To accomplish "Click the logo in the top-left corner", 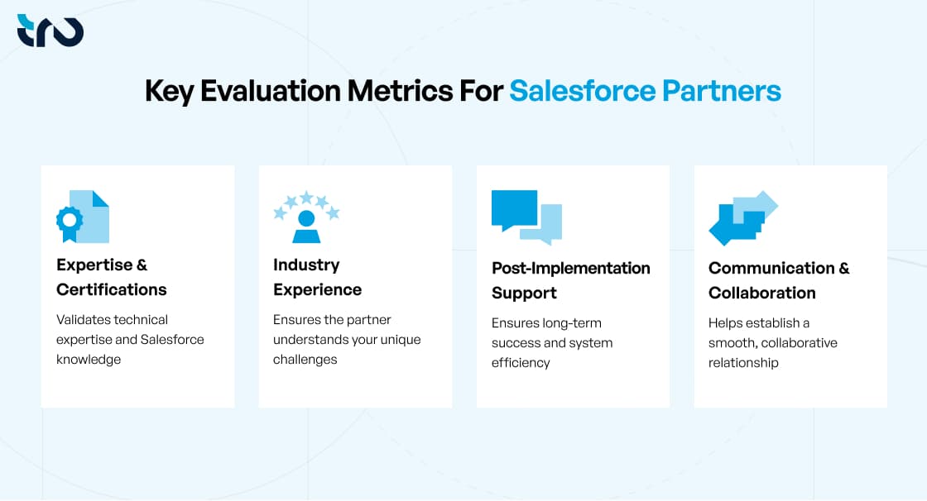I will point(50,31).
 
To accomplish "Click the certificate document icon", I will point(83,217).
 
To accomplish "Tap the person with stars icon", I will point(306,217).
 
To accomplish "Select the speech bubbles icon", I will point(526,217).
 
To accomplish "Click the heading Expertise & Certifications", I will point(112,277).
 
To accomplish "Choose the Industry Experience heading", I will point(317,277).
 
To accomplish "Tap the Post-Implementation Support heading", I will point(570,280).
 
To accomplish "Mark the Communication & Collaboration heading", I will point(779,280).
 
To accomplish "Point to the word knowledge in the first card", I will point(89,360).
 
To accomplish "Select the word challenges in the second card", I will point(305,360).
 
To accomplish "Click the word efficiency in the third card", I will point(521,363).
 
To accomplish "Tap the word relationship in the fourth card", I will point(743,363).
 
